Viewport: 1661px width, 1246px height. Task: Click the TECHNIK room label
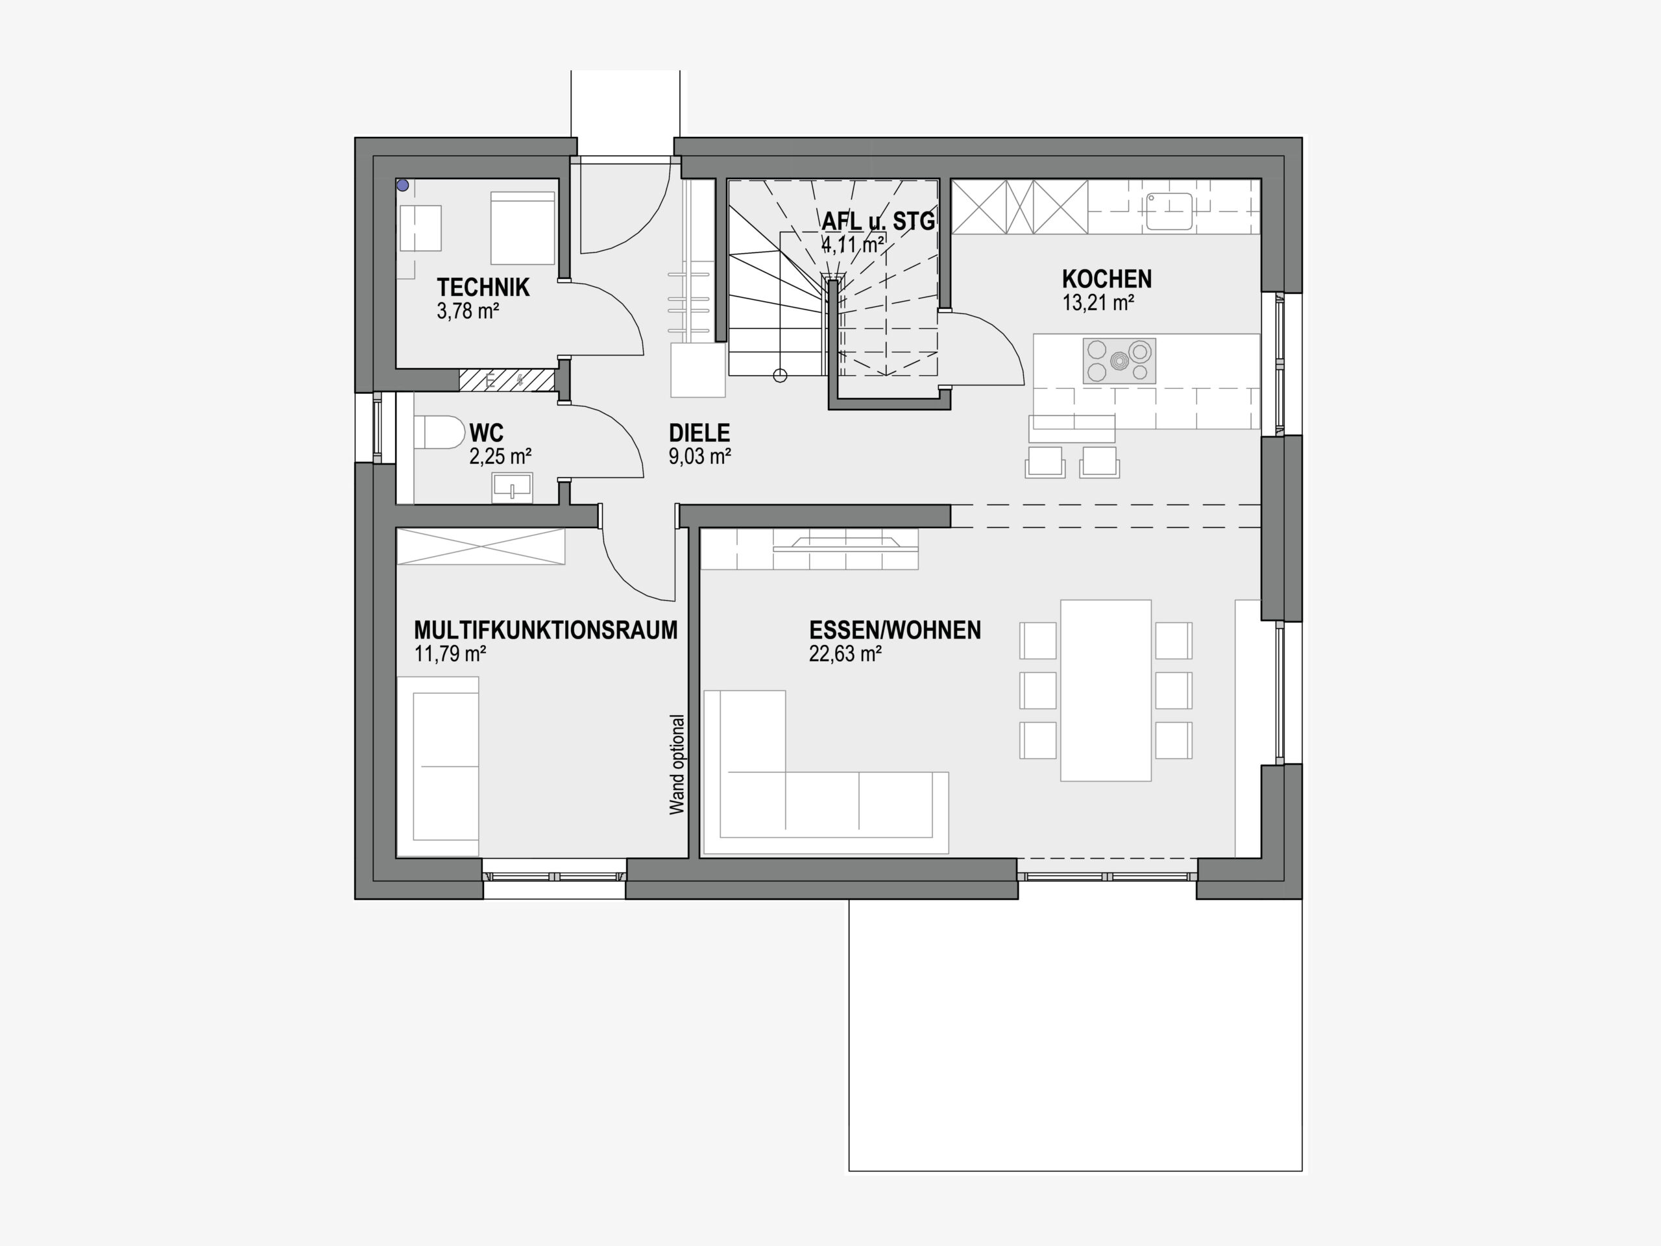click(x=483, y=287)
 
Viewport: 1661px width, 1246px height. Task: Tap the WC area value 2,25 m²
click(x=500, y=456)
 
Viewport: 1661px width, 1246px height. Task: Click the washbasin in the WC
click(x=512, y=487)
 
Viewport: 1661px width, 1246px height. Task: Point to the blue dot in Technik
click(x=403, y=185)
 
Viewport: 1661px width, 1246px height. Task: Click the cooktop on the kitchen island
click(x=1119, y=361)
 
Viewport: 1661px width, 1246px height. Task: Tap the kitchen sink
click(x=1169, y=211)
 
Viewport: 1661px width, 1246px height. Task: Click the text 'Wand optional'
click(x=677, y=764)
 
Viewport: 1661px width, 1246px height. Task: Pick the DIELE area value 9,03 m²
click(x=700, y=456)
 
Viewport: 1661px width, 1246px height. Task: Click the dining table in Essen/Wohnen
click(x=1106, y=690)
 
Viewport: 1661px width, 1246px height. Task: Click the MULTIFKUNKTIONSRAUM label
click(x=546, y=629)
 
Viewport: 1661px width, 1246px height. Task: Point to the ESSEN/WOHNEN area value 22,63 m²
click(x=845, y=654)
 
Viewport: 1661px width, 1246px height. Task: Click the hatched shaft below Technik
click(x=507, y=379)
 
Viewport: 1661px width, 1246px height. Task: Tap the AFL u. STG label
click(x=878, y=221)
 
